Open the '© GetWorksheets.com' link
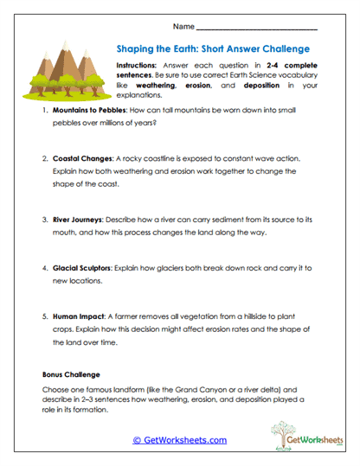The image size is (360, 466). pyautogui.click(x=179, y=440)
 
